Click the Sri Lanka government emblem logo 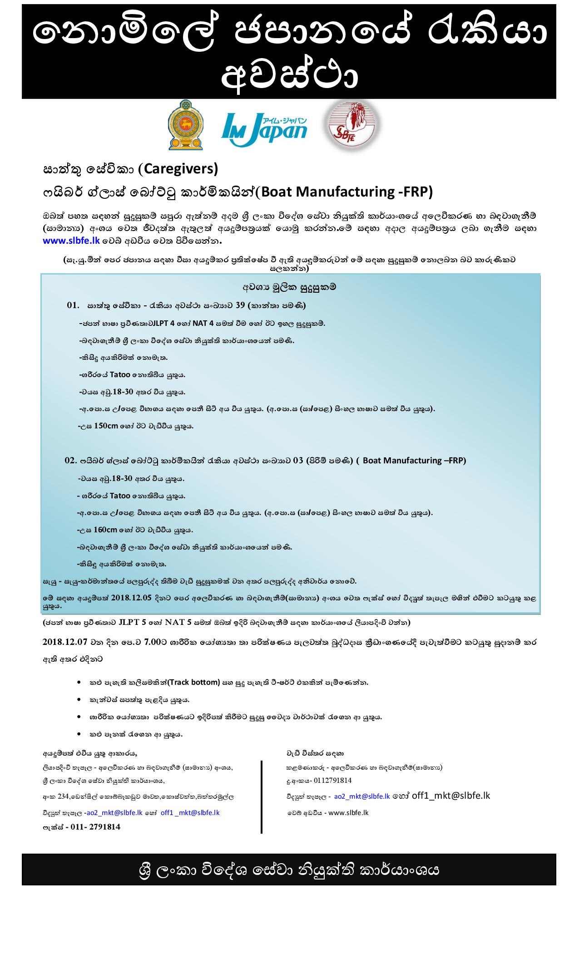pyautogui.click(x=185, y=125)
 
